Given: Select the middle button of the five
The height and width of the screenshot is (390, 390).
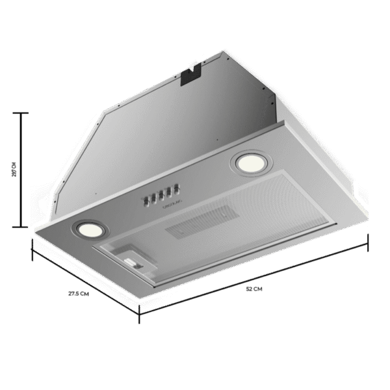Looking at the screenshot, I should pyautogui.click(x=160, y=194).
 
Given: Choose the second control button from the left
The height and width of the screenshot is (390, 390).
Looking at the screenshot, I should pyautogui.click(x=153, y=197).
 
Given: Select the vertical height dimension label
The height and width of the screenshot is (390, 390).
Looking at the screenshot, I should pyautogui.click(x=14, y=170).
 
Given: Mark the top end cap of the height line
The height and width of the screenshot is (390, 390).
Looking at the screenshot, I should pyautogui.click(x=23, y=113).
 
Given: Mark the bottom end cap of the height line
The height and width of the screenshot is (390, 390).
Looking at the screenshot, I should pyautogui.click(x=23, y=227).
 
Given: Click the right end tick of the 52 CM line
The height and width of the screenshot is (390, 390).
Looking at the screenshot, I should pyautogui.click(x=368, y=242).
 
